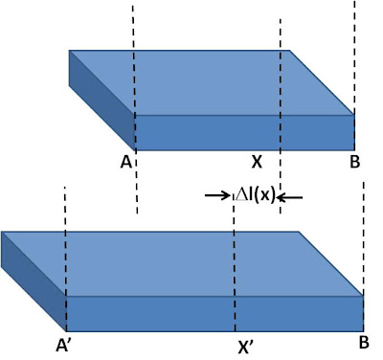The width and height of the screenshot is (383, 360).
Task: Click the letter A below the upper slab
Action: (x=126, y=163)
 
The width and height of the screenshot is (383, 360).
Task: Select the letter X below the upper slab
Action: (x=257, y=162)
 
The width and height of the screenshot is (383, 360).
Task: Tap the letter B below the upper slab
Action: (x=355, y=162)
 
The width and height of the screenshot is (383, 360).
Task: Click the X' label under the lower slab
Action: (x=246, y=348)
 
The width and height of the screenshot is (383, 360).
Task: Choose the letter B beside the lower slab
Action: (x=364, y=343)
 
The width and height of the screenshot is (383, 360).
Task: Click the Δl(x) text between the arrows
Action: (x=255, y=195)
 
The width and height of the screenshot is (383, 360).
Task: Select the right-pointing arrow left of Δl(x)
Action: (x=217, y=194)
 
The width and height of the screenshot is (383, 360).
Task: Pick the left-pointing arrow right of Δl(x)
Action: (x=290, y=198)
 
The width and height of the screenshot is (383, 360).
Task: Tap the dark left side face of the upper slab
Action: (x=101, y=101)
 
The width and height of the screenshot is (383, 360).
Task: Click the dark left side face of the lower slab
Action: (x=34, y=281)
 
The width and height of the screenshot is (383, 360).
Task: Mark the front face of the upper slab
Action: (x=244, y=132)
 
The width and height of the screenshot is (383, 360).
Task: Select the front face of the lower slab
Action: (x=214, y=314)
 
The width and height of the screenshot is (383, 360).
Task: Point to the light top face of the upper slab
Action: (x=212, y=82)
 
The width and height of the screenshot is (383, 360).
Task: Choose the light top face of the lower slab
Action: (x=182, y=264)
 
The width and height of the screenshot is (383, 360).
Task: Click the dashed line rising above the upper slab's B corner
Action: (x=354, y=57)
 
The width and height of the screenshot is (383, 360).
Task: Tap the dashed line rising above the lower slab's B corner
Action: (x=364, y=238)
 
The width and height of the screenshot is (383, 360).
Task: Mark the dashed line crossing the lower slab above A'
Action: (x=65, y=259)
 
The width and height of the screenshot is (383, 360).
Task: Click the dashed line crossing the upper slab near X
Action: (x=281, y=116)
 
